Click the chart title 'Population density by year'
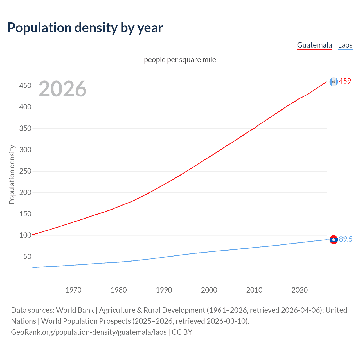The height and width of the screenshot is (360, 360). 85,28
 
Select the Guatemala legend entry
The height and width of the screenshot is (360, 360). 314,45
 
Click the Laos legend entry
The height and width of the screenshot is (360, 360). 345,45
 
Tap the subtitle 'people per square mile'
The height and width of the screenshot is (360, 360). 180,60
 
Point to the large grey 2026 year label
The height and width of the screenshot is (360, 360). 62,89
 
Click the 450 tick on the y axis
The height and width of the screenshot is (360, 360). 25,85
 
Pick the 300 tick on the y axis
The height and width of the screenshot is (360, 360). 25,150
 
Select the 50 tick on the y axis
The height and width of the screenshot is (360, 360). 27,256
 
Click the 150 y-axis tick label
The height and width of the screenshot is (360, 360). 25,214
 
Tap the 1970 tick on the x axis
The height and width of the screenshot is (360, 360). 73,290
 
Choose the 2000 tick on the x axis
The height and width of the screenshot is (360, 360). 209,290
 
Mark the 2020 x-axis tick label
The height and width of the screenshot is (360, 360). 300,290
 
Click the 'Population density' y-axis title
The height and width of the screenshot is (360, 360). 12,174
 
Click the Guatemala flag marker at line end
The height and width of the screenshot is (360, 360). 334,82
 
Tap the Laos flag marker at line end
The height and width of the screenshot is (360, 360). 334,240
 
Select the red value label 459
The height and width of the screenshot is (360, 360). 345,81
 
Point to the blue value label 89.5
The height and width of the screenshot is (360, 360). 346,239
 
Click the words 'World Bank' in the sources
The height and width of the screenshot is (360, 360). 75,310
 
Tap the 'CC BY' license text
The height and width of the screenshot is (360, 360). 182,332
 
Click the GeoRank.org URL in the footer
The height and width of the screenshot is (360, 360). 89,332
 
